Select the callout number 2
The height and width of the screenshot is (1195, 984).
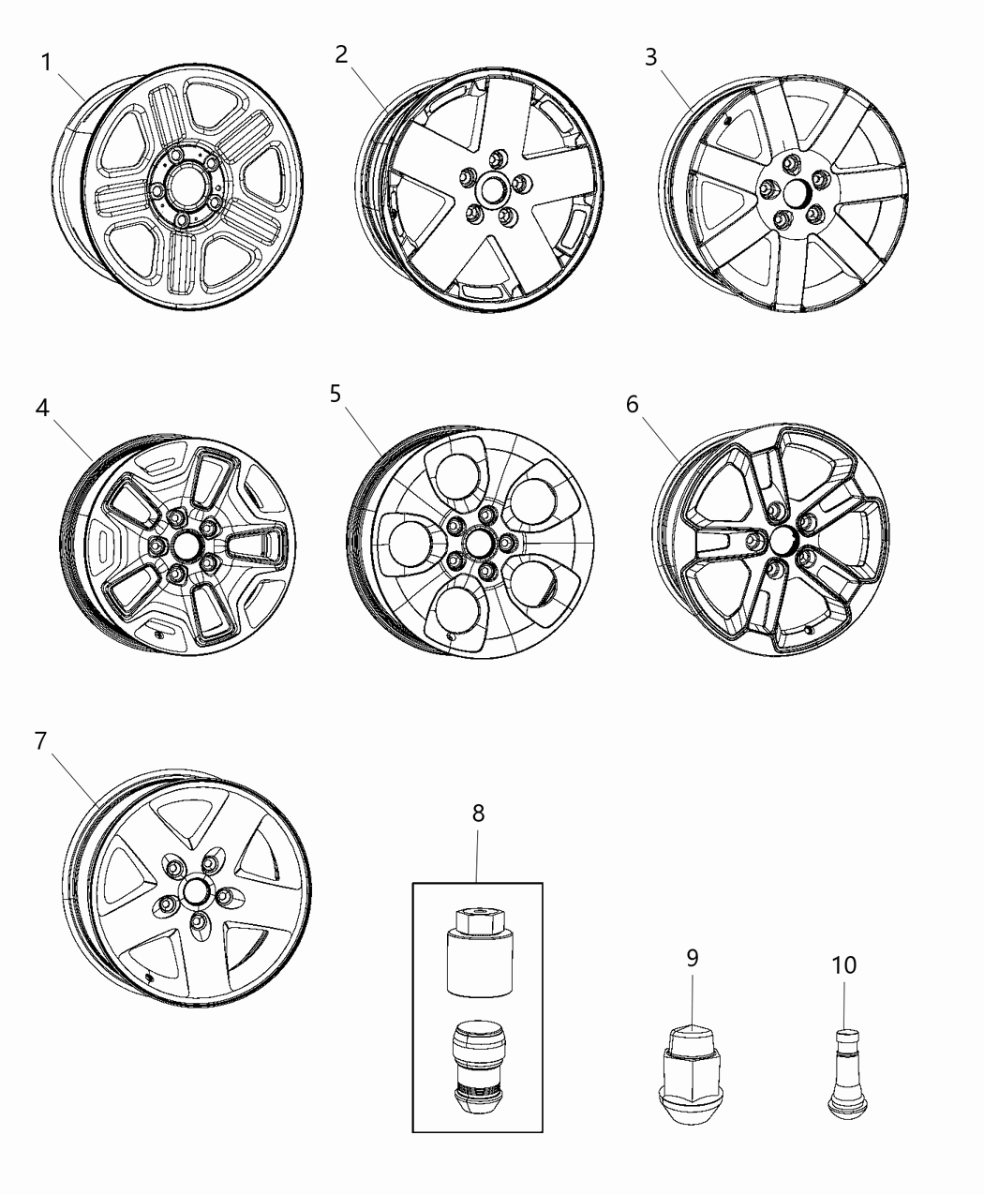342,54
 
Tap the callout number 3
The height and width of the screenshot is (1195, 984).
650,57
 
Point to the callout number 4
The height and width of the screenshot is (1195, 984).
43,408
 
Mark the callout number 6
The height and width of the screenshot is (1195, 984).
633,404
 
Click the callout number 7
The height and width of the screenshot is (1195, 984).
40,740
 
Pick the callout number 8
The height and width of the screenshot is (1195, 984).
478,813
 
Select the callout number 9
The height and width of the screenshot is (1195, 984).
693,957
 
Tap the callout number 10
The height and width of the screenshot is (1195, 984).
844,964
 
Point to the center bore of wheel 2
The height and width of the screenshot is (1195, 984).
490,191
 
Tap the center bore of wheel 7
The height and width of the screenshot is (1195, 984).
195,890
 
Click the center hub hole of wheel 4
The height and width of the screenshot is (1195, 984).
185,545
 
